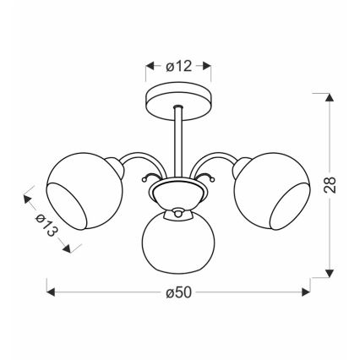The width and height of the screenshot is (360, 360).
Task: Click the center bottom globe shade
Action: tap(180, 245)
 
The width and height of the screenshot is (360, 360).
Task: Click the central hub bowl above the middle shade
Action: tap(179, 201)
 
